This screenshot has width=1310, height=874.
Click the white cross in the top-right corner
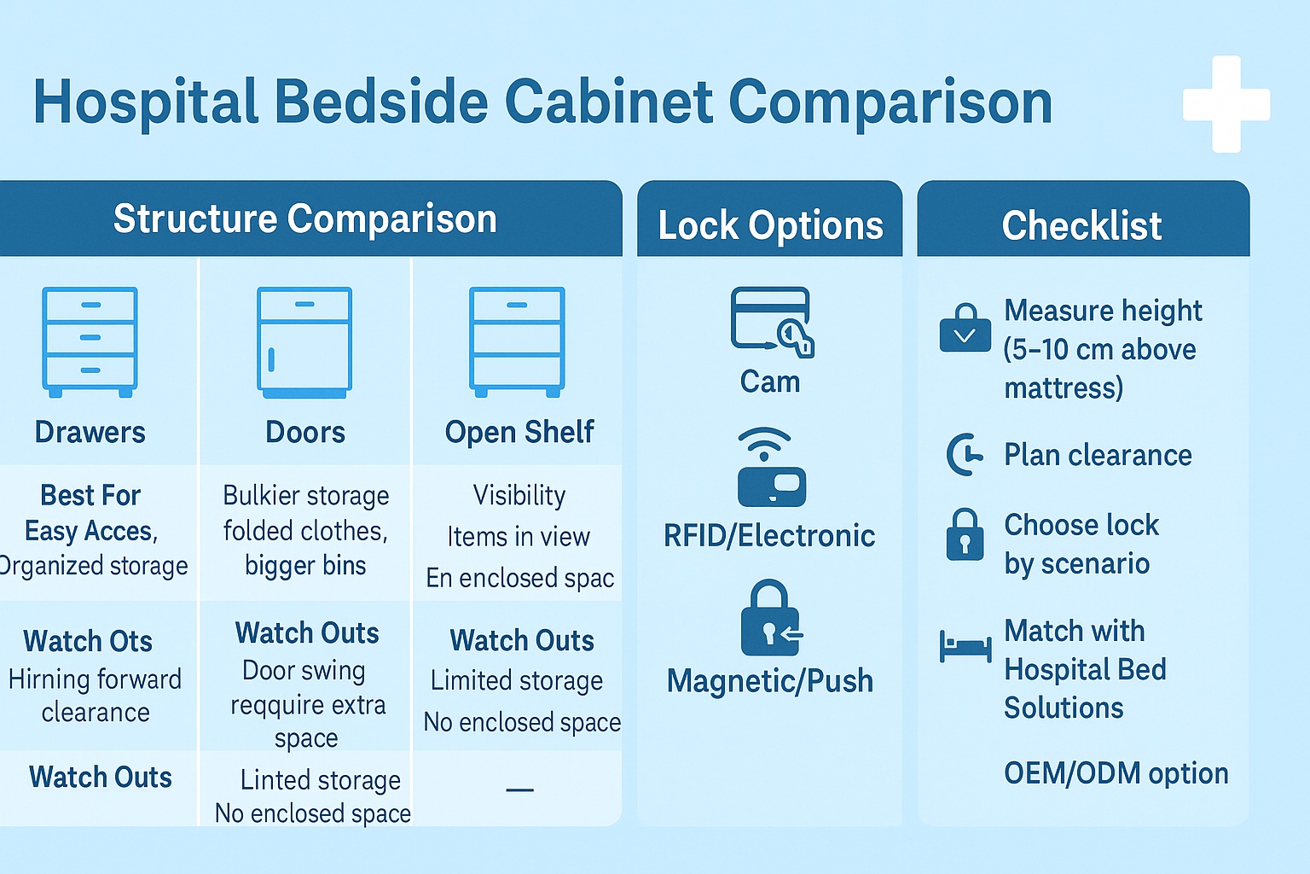(1226, 104)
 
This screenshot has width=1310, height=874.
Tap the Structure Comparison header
(304, 219)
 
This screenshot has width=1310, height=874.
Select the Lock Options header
(770, 226)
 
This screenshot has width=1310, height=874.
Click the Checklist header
(1081, 226)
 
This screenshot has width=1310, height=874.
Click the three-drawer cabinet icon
(90, 341)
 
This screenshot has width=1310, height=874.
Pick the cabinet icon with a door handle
(304, 342)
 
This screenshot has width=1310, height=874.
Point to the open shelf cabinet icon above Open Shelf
(517, 341)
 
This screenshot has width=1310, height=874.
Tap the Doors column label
(305, 432)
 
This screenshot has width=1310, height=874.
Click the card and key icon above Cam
(771, 322)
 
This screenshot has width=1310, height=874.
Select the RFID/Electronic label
(769, 536)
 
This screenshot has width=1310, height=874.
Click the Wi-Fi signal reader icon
(770, 468)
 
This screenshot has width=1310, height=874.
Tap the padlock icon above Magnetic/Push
(770, 619)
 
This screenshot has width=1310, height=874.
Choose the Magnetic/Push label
(770, 681)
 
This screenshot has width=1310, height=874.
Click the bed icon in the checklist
(965, 646)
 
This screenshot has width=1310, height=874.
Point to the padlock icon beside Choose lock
(965, 535)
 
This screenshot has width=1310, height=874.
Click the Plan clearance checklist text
(1098, 455)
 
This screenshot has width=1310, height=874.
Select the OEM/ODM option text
(1116, 773)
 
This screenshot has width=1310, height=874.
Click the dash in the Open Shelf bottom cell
(519, 790)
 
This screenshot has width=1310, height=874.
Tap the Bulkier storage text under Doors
(305, 496)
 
